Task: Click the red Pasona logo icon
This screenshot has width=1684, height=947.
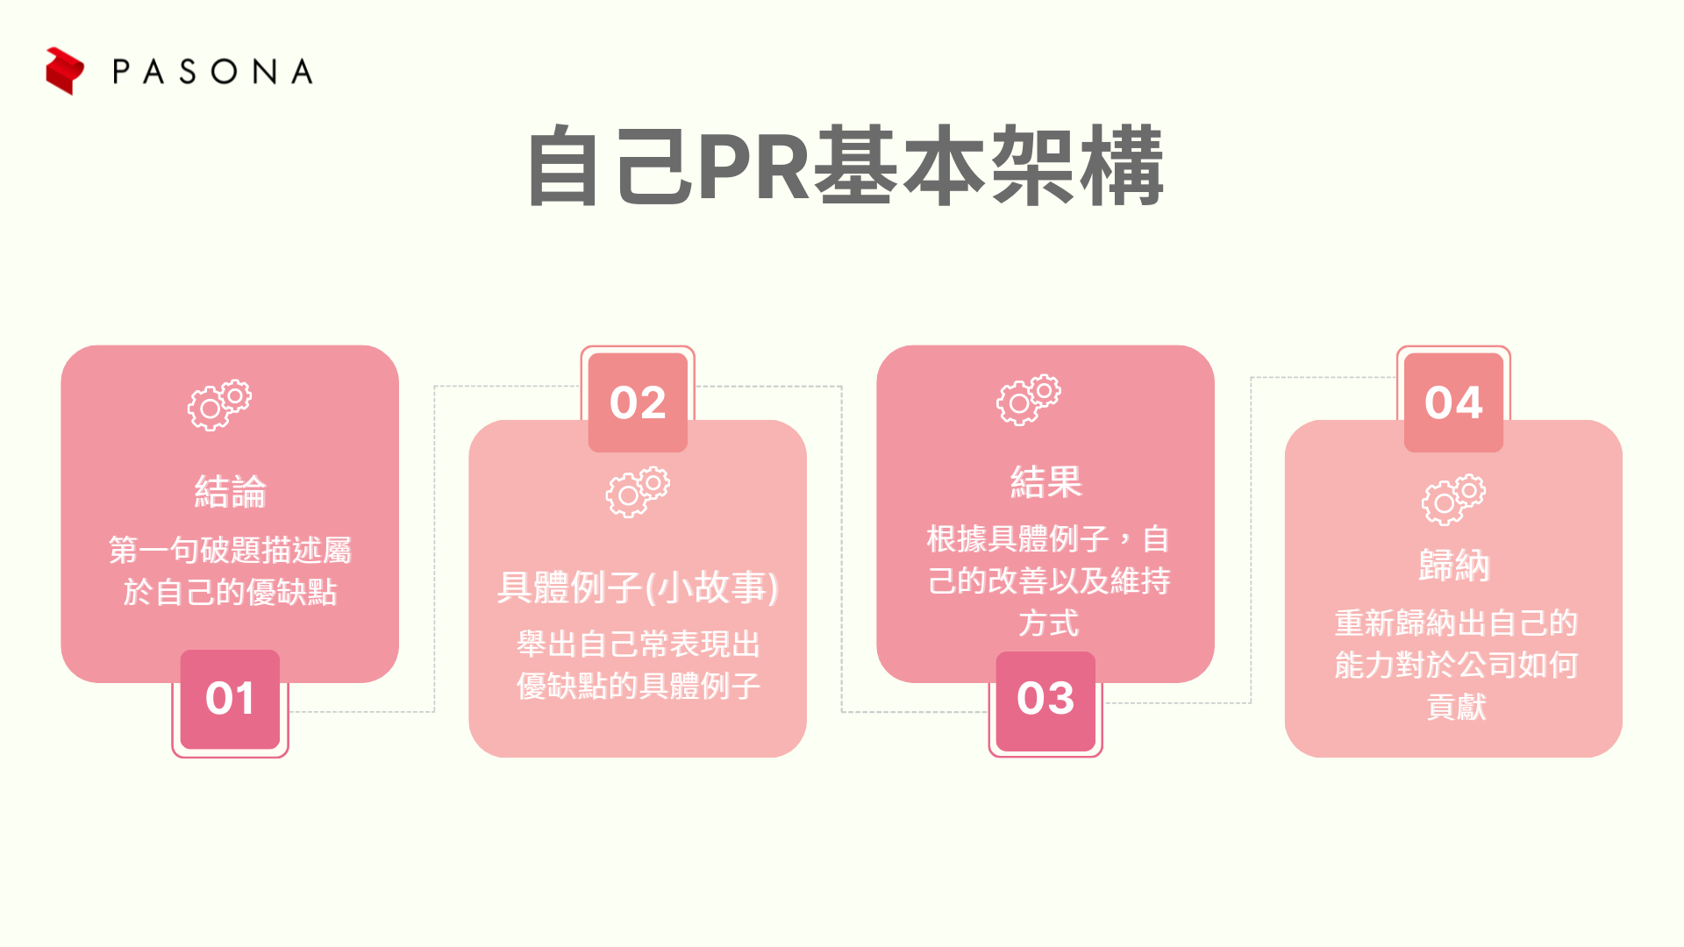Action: click(65, 71)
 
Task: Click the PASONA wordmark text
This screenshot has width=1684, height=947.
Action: click(213, 72)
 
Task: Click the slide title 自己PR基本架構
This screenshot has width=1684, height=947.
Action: click(846, 166)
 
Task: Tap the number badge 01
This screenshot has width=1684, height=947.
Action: click(230, 699)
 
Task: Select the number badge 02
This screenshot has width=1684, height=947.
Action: click(638, 402)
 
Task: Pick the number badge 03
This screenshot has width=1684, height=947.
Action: click(1045, 700)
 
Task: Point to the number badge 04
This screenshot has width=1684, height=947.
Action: click(1453, 402)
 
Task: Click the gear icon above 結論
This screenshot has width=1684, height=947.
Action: click(219, 404)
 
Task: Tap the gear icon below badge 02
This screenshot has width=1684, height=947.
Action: click(638, 492)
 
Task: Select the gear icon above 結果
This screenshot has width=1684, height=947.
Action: click(1028, 400)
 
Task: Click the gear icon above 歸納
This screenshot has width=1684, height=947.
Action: click(1453, 500)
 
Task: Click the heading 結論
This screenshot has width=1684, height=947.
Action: click(231, 491)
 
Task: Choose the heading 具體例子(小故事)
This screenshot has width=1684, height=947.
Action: click(638, 587)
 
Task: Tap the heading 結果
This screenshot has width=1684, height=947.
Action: click(1046, 481)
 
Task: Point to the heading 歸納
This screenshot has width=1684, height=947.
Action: click(1454, 566)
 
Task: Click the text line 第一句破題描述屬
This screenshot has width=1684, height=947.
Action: click(231, 550)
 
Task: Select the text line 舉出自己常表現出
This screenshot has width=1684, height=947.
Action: click(639, 644)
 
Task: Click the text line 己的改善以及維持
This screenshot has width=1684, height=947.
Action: click(1049, 580)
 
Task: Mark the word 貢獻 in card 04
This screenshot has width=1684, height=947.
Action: click(1456, 707)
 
